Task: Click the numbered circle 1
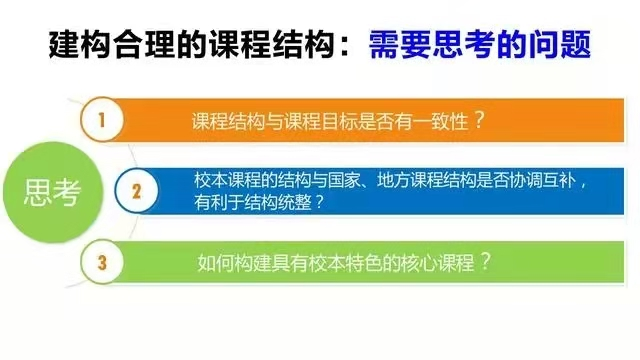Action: coord(102,119)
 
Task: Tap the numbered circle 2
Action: coord(136,191)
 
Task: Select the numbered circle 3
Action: coord(102,262)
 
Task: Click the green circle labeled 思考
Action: coord(53,192)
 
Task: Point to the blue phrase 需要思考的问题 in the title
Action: coord(480,44)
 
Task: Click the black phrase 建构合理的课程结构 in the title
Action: coord(191,44)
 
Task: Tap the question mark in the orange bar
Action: coord(480,120)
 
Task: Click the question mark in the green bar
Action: coord(485,262)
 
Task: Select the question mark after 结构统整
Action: coord(319,202)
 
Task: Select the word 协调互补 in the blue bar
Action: coord(543,180)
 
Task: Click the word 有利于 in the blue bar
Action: coord(219,202)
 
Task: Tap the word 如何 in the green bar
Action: coord(216,263)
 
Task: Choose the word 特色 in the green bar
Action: coord(364,263)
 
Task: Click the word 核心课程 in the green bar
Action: coord(438,263)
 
